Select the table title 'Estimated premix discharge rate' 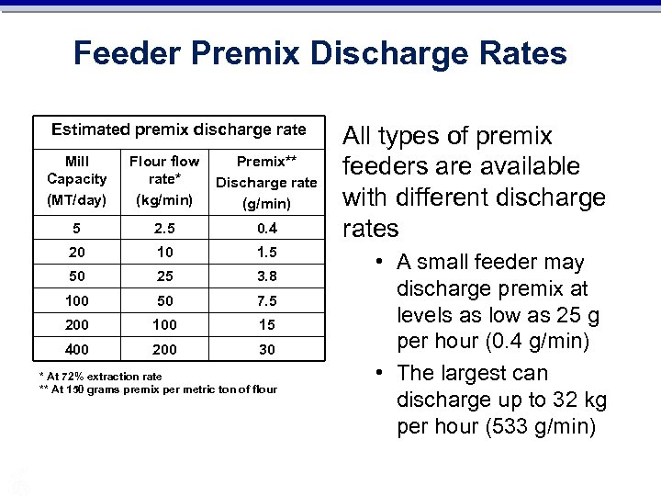(178, 130)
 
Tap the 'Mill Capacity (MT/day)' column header (76, 179)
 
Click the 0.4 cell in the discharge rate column (266, 228)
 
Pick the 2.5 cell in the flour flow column (164, 228)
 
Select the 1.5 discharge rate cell (266, 252)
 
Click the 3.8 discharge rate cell (266, 276)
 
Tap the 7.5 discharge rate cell (266, 300)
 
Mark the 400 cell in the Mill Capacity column (76, 349)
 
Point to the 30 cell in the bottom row (266, 349)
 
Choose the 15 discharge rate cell (266, 324)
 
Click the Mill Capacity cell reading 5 (76, 228)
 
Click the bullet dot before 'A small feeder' (380, 264)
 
